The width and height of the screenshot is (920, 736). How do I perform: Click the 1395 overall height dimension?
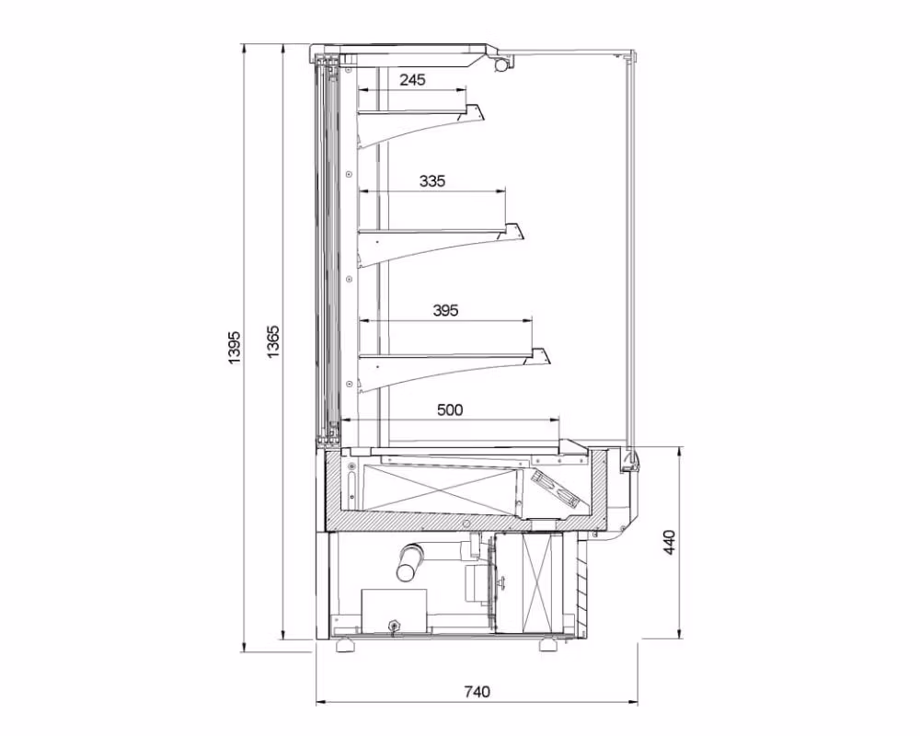coord(235,347)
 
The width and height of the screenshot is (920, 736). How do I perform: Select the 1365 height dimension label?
coord(273,341)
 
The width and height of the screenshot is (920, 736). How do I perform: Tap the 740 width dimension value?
coord(477,692)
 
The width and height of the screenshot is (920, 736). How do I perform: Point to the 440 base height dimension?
coord(670,543)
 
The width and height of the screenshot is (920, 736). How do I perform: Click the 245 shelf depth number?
coord(412,79)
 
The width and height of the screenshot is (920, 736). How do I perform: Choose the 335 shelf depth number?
coord(432,180)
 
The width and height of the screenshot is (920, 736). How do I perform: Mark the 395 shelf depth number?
coord(445,310)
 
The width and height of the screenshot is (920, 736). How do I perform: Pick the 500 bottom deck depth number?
coord(450,409)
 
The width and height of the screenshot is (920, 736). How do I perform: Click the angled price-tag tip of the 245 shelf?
coord(476,112)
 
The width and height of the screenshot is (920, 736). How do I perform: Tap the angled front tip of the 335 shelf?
coord(514,231)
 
